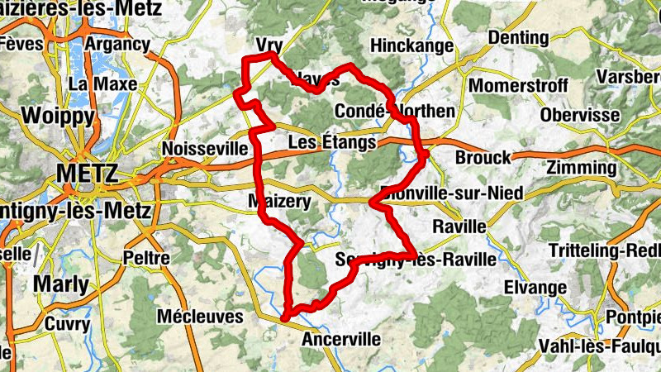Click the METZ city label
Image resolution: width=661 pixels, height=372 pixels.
88,174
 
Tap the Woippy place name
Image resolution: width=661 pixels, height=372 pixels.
59,115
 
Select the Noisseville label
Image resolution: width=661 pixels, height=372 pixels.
206,148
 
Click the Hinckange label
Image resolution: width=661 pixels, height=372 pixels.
412,45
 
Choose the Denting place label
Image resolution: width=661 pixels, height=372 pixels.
518,38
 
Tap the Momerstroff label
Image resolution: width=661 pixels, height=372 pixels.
518,86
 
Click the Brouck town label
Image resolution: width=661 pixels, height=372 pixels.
483,158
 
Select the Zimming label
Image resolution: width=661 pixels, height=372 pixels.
582,168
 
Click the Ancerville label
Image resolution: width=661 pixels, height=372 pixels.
341,339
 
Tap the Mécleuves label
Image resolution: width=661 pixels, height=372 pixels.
200,316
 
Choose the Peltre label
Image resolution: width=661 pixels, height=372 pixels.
145,258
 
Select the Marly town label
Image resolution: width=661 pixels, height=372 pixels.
60,285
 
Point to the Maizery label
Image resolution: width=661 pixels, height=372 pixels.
279,202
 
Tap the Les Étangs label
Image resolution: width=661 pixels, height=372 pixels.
331,143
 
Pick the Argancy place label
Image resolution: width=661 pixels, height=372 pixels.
117,44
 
